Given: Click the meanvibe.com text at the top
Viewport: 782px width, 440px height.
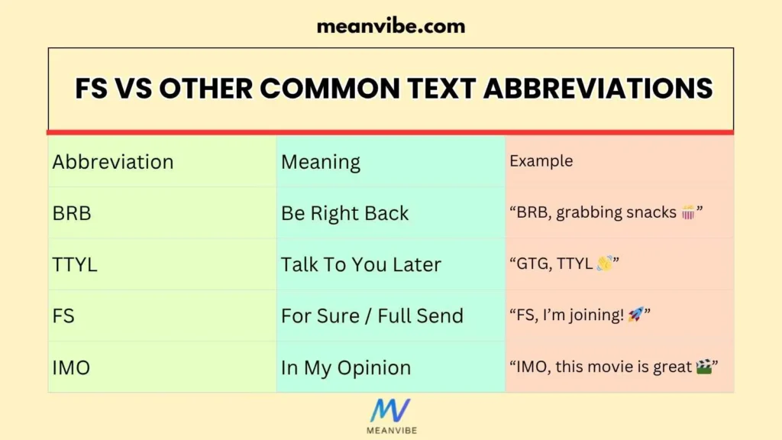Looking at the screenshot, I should coord(390,26).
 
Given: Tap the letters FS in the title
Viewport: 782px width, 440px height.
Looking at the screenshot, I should coord(92,89).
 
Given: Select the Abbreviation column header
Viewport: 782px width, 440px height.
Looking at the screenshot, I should coord(113,162).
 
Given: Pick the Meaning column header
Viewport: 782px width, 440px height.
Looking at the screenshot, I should coord(321,162).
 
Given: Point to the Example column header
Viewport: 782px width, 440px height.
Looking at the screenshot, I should coord(541,161).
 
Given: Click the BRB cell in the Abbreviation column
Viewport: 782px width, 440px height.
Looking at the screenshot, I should coord(72,213).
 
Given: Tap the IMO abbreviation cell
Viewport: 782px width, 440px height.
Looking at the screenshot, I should coord(71,367).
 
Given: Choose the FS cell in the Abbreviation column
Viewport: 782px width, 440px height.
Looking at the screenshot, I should coord(63,316).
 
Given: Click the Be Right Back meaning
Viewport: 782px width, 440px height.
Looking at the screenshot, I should coord(345,213).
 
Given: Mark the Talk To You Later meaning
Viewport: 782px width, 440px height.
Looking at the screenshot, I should coord(361,265).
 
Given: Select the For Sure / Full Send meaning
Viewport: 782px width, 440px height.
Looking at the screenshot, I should coord(372,316).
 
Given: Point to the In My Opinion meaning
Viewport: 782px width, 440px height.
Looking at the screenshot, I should coord(346,367).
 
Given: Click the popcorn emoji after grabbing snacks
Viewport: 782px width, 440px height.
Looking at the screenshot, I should coord(688,212).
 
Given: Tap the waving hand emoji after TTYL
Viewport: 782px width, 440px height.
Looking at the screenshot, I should coord(604,264).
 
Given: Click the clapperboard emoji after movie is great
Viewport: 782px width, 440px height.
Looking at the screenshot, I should coord(705,367).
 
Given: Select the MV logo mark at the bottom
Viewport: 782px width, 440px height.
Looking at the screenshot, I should coord(390,410).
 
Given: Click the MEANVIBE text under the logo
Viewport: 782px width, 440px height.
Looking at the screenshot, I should coord(390,431).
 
